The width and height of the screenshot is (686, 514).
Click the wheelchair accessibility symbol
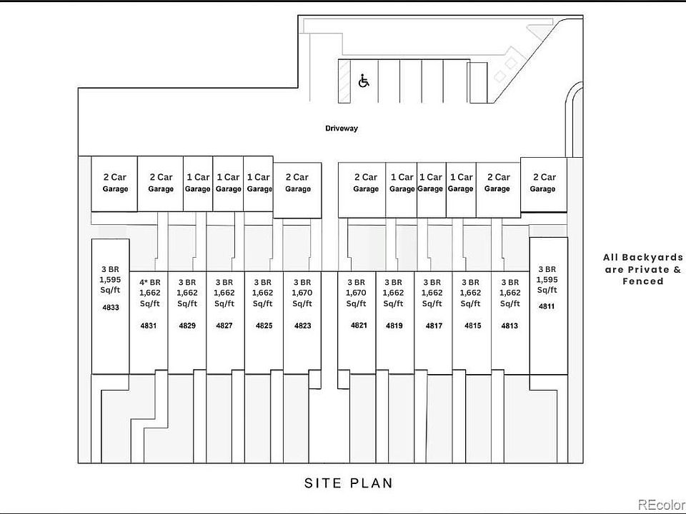click(x=364, y=81)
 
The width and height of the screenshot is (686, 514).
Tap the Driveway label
click(x=342, y=128)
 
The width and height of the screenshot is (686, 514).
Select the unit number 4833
click(x=111, y=307)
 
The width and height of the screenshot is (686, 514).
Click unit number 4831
click(x=149, y=326)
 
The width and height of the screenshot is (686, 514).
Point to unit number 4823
click(x=303, y=326)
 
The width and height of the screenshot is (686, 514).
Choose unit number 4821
click(x=359, y=326)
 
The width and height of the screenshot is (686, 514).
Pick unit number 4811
click(x=547, y=306)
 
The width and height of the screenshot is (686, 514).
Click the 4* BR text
click(x=150, y=283)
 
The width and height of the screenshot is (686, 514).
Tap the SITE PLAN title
click(x=349, y=483)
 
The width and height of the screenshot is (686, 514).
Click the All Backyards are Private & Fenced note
click(x=643, y=269)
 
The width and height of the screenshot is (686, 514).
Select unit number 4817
click(x=434, y=326)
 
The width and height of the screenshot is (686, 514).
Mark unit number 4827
click(x=224, y=326)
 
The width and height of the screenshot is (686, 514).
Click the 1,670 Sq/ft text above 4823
click(x=302, y=298)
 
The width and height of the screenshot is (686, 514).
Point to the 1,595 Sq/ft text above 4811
click(x=547, y=285)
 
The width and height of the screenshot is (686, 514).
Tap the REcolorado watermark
click(x=662, y=505)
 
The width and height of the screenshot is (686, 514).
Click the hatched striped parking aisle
click(x=344, y=81)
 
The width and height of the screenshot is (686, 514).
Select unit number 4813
click(x=509, y=326)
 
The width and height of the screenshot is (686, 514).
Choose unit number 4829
click(x=187, y=326)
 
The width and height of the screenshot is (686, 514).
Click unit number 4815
click(x=472, y=326)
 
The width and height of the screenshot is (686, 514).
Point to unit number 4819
click(x=394, y=326)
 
